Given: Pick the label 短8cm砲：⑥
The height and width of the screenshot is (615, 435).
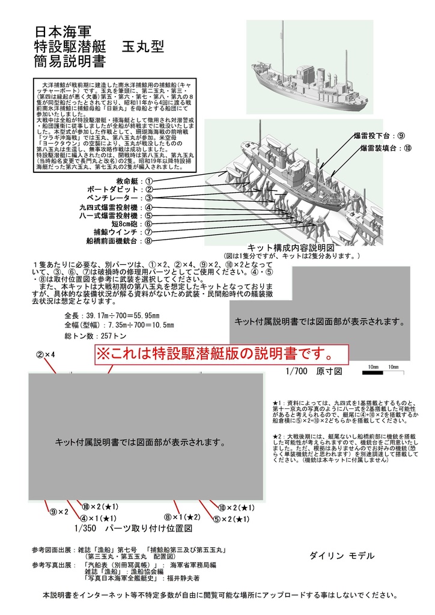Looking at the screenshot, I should click(128, 224).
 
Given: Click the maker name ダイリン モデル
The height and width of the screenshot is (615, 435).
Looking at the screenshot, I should click(342, 556).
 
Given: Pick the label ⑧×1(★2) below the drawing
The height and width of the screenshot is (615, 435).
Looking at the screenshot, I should click(181, 516).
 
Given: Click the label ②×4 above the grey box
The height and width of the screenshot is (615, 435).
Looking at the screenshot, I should click(46, 354).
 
